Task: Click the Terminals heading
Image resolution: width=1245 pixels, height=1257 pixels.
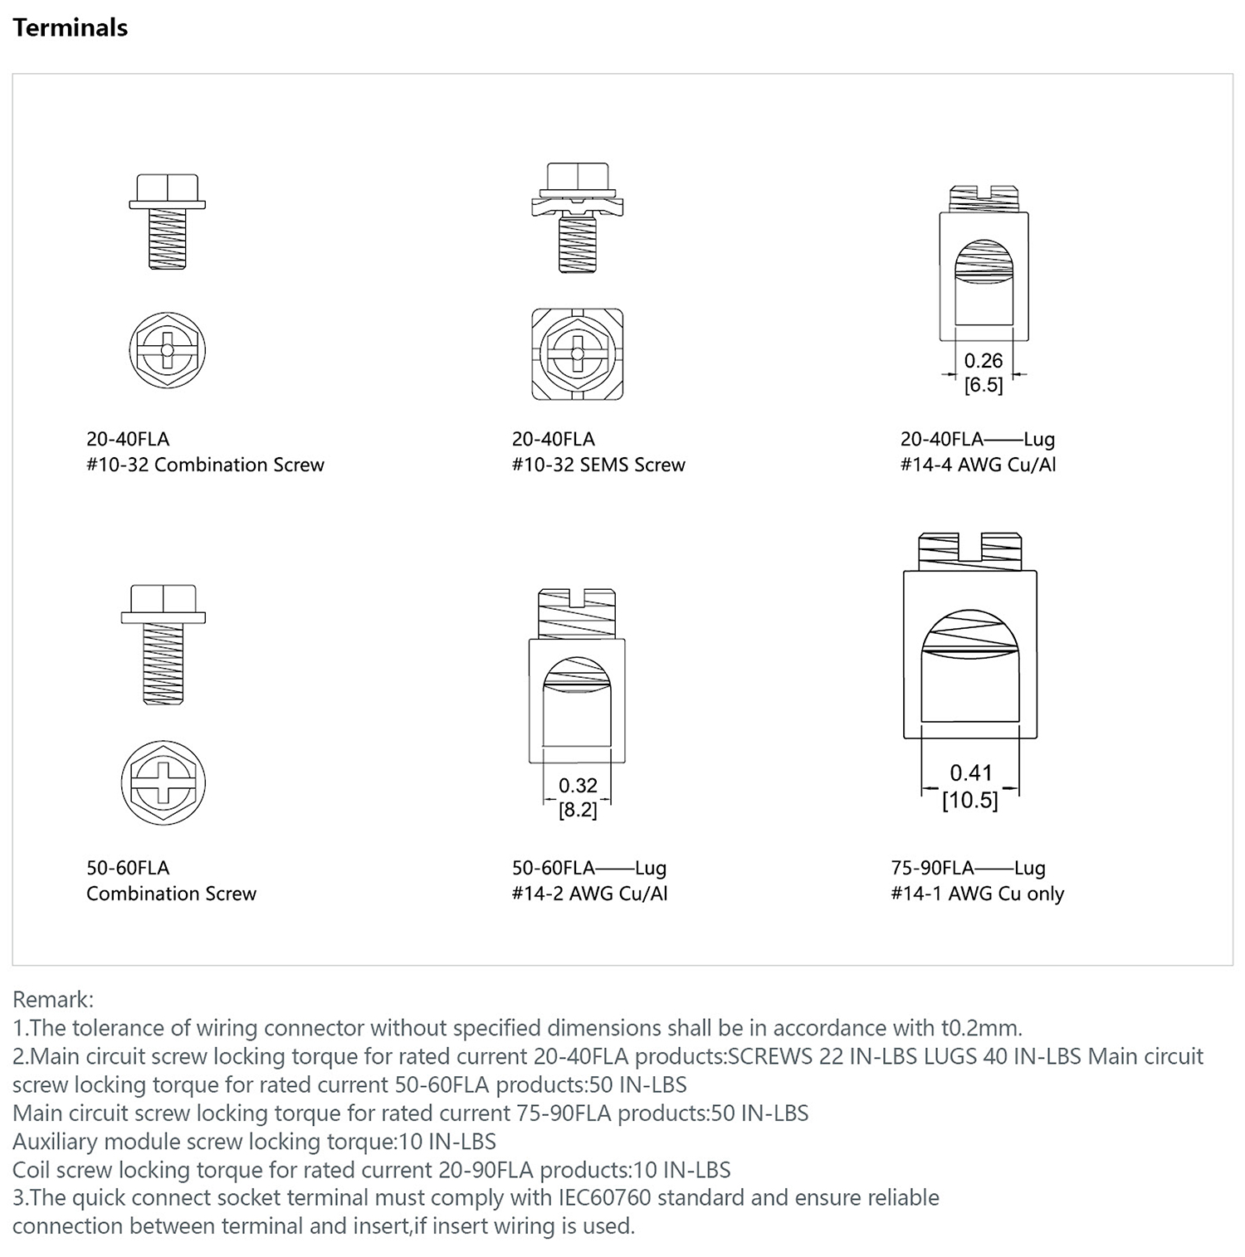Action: coord(71,28)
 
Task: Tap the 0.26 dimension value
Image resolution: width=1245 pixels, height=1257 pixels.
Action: coord(984,361)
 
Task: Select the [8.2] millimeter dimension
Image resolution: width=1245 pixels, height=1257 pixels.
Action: coord(578,810)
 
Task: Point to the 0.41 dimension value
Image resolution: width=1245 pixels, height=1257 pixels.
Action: coord(971,773)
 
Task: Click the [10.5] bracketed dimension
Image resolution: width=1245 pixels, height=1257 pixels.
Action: coord(970,801)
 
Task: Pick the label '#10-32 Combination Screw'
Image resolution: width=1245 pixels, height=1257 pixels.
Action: coord(205,465)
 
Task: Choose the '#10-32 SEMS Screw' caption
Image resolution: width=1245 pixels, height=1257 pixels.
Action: coord(598,465)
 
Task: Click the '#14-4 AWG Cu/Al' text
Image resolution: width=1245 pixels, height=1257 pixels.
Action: coord(978,465)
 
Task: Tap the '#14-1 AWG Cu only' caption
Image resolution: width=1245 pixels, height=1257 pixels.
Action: coord(977,894)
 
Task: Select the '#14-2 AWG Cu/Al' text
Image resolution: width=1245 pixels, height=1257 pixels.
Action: coord(589,894)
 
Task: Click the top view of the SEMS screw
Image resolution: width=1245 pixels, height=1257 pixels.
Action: coord(578,353)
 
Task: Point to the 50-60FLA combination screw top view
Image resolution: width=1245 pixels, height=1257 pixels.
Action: coord(164,782)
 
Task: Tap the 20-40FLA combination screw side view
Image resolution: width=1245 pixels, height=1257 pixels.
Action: coord(167,222)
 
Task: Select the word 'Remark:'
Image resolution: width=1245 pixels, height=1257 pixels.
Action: coord(53,999)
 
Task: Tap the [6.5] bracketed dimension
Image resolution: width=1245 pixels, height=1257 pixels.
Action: coord(984,385)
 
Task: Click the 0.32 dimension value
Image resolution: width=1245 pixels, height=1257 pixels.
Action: coord(578,786)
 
